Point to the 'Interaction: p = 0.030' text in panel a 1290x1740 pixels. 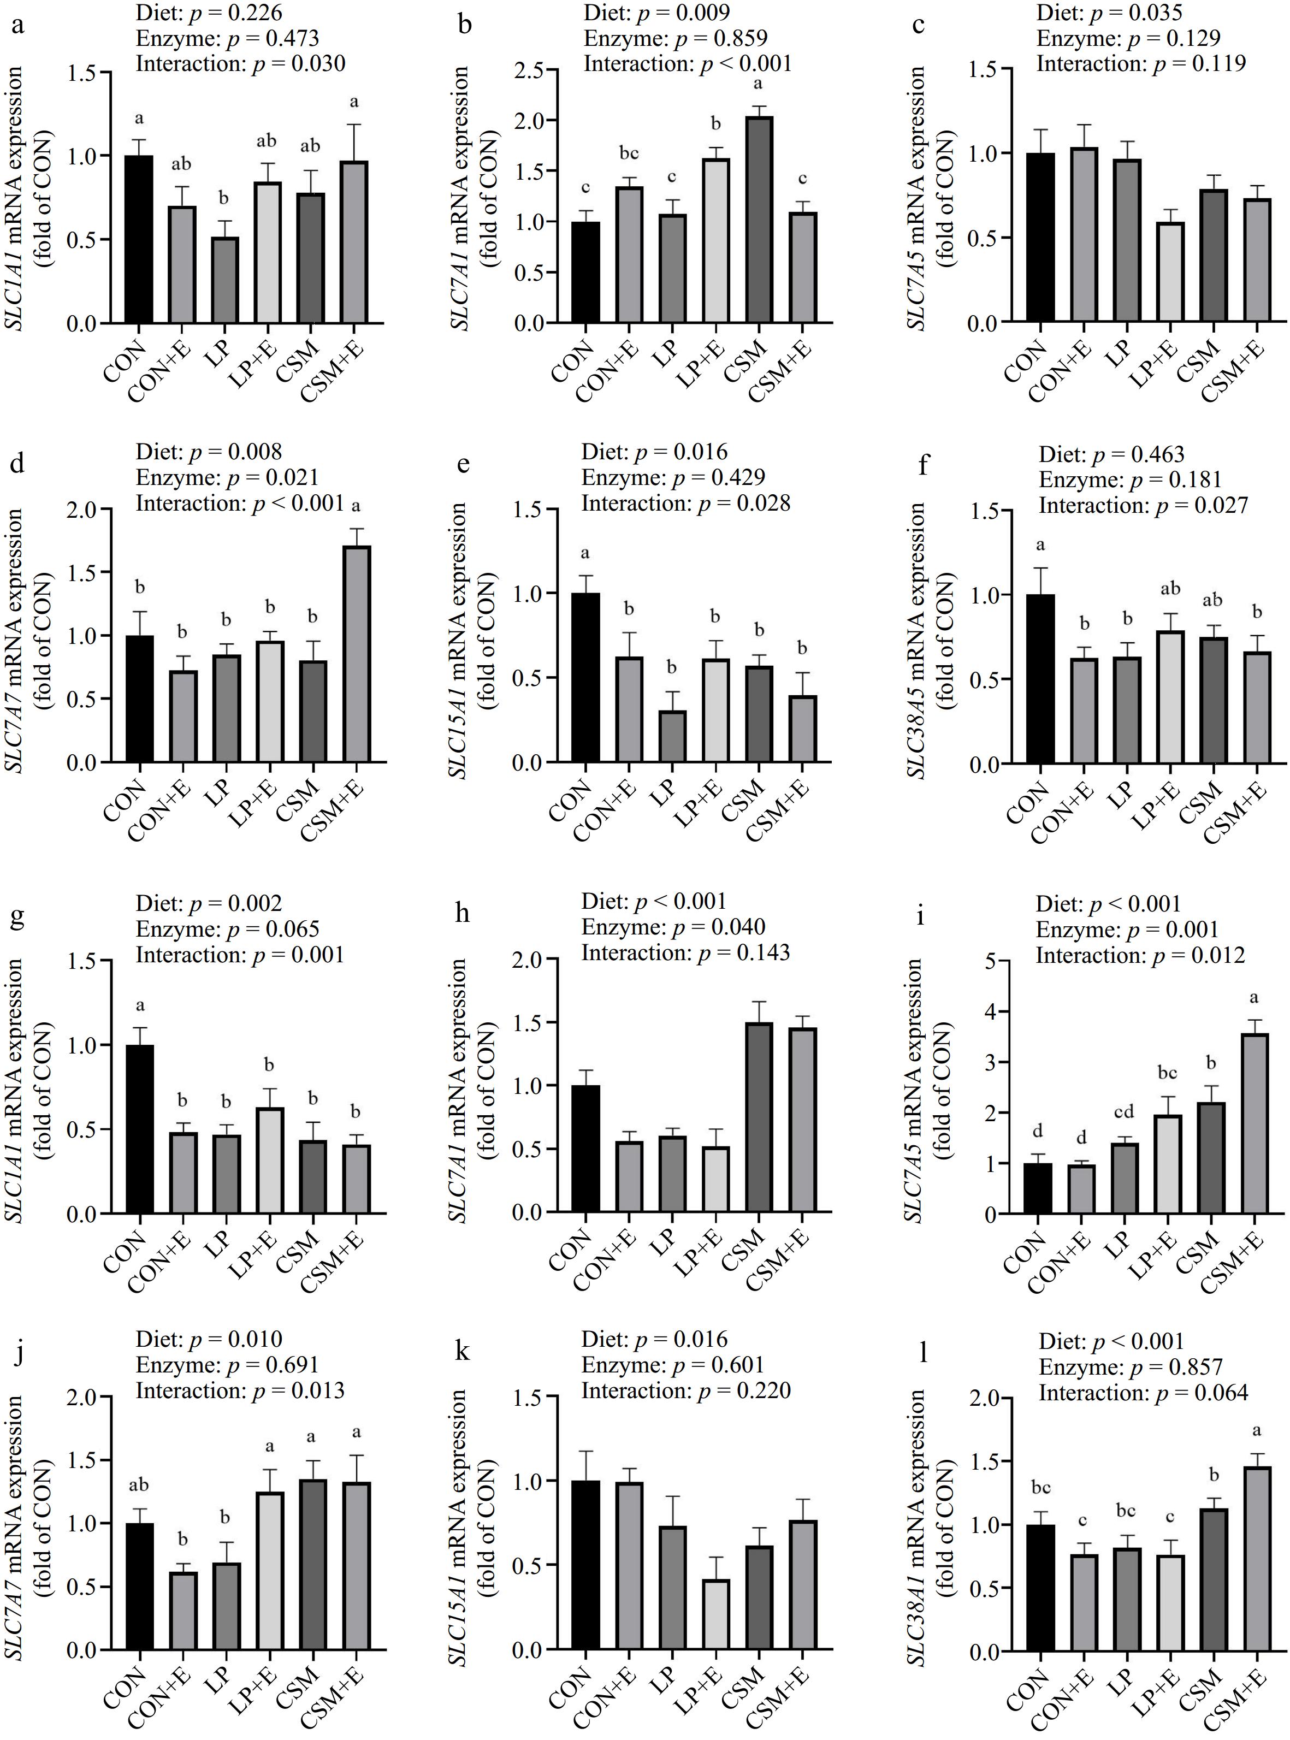240,63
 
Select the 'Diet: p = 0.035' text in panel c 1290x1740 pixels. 1109,13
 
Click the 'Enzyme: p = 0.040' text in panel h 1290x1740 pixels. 673,927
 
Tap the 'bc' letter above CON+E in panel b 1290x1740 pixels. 628,154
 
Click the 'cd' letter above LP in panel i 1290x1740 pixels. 1125,1111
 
